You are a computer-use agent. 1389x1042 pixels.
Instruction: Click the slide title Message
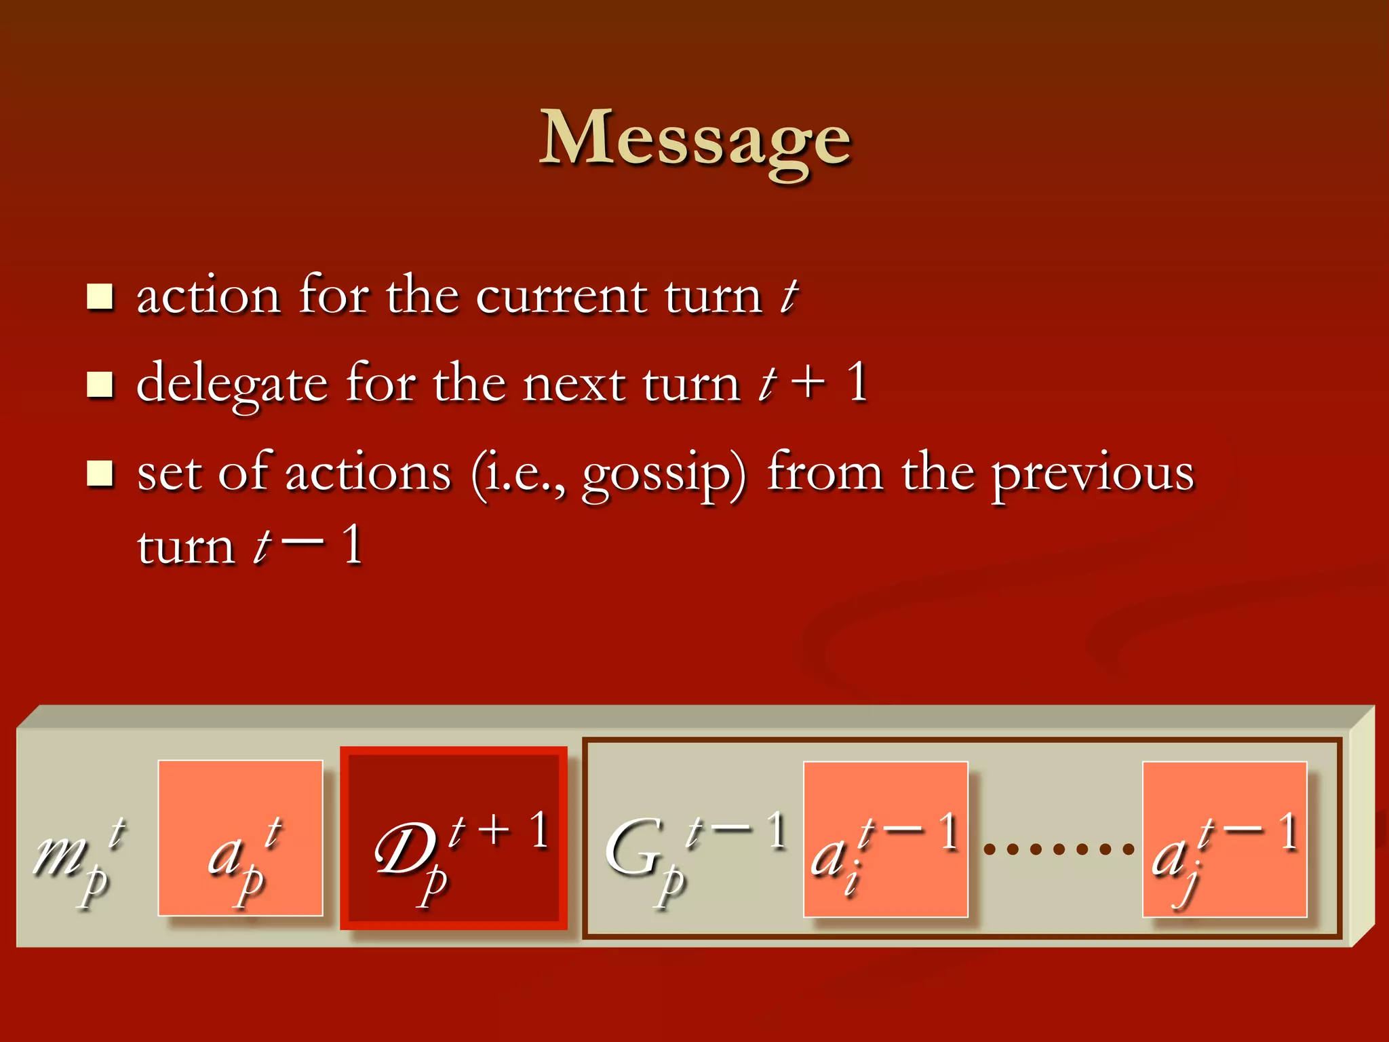[694, 139]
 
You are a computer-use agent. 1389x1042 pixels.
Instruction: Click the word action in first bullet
[208, 297]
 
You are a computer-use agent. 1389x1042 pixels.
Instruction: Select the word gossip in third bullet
[663, 474]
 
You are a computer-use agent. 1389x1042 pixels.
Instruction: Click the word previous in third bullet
[1093, 474]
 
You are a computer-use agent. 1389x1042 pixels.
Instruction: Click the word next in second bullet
[574, 384]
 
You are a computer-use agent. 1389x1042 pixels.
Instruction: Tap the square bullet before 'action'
[100, 296]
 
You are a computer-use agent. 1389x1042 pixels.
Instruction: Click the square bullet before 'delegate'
[100, 384]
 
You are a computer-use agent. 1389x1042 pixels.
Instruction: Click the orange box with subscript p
[240, 838]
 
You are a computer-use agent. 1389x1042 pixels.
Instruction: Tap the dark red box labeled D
[453, 838]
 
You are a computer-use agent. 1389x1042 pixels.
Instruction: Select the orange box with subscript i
[885, 840]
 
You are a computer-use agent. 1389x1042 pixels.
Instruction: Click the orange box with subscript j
[1224, 840]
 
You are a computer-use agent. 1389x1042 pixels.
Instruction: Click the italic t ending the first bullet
[789, 297]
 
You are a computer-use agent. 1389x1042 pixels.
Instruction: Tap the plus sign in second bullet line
[808, 383]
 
